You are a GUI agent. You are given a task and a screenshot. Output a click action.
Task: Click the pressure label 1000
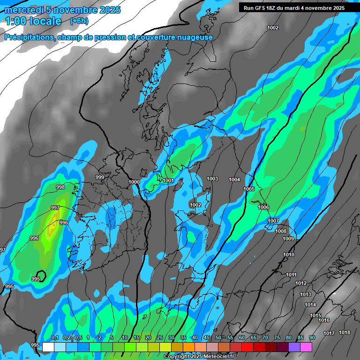pos(134,182)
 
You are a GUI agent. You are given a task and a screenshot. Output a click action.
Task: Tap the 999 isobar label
pos(100,177)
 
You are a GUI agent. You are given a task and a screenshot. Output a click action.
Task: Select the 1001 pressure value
pos(169,180)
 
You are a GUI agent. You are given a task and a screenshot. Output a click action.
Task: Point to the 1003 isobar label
pos(212,179)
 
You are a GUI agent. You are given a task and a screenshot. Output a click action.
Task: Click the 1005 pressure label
pos(249,189)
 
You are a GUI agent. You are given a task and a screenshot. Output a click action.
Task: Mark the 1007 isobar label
pos(273,221)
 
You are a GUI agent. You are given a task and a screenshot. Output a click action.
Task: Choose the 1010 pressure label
pos(289,255)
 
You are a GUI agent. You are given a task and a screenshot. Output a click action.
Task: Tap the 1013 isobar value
pos(306,294)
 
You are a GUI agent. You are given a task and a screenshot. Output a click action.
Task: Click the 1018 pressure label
pos(345,332)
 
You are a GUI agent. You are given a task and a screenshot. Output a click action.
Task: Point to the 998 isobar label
pos(60,187)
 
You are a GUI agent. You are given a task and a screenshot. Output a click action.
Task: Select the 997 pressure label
pos(55,208)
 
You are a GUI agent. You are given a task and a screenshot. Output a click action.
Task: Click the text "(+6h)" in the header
pos(79,21)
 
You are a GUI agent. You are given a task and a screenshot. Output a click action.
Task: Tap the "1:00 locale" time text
pos(33,21)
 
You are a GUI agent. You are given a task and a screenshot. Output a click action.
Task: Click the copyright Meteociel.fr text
pos(199,357)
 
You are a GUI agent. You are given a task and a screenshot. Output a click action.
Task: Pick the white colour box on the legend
pos(48,347)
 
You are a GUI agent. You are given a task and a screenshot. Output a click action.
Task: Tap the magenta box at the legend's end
pos(306,347)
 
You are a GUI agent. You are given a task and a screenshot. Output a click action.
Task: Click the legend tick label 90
pos(312,338)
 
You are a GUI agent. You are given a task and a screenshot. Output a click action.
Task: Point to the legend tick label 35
pos(183,338)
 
